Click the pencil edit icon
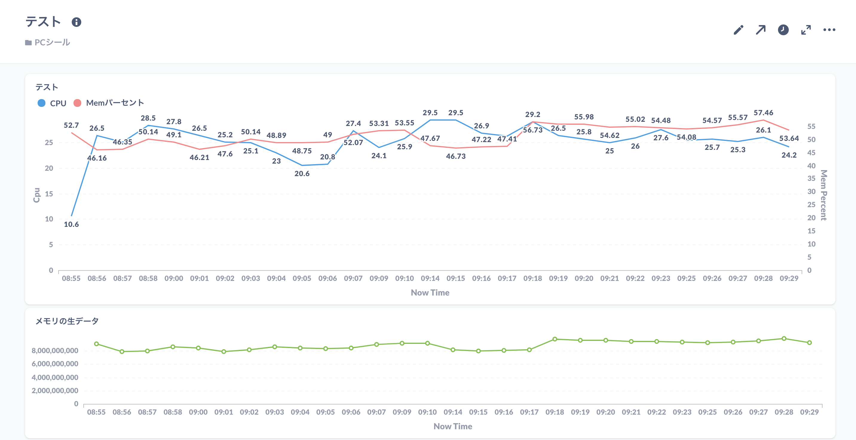(738, 30)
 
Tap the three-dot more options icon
(829, 30)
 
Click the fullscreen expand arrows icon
(806, 30)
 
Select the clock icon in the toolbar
(783, 30)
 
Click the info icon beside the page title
(76, 22)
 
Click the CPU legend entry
(52, 103)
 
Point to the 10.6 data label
(71, 224)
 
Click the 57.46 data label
(763, 113)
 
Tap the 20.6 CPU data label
(302, 174)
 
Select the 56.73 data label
(532, 130)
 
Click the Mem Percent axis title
(823, 195)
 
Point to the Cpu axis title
(36, 195)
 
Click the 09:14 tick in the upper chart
(430, 278)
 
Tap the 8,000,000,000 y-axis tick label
(55, 351)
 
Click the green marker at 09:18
(555, 339)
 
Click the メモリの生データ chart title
(67, 321)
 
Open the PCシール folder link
(52, 42)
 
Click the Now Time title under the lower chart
(453, 426)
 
